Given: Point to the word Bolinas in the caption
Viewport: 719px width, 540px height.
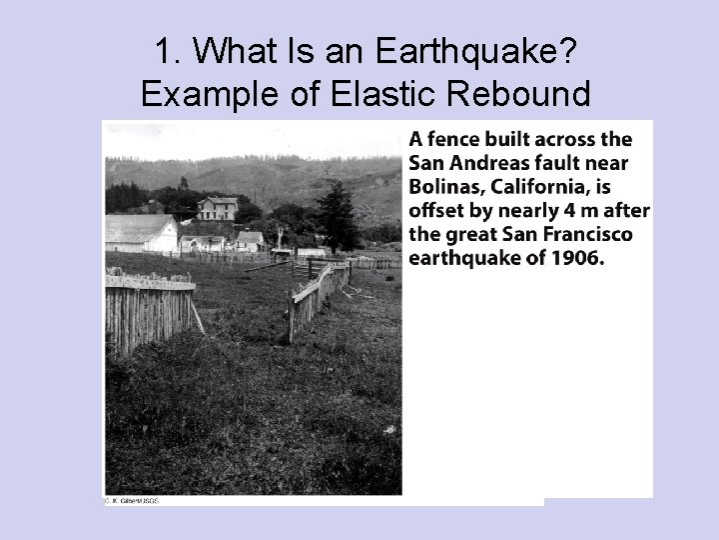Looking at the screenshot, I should (441, 188).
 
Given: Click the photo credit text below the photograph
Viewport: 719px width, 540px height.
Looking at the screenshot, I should (134, 500).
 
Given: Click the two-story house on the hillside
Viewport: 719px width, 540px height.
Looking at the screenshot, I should (218, 208).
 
